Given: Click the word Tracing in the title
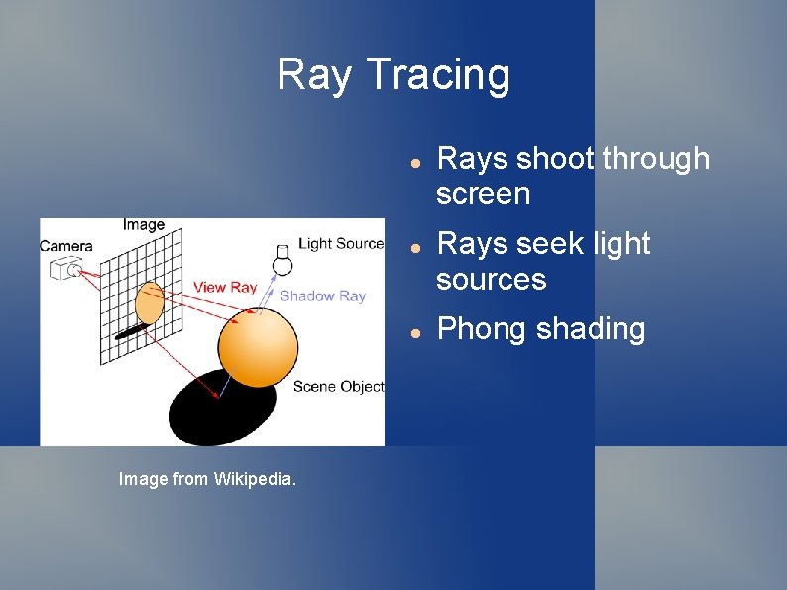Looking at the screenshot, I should (438, 75).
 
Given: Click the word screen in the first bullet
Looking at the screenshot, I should (484, 194).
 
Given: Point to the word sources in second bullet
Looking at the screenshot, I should (492, 280).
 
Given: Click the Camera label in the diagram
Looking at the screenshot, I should (66, 246).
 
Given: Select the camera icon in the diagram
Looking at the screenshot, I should (67, 268).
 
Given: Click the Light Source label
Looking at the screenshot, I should (340, 244).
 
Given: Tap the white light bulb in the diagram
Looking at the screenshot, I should (282, 259).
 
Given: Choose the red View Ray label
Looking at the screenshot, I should (225, 287).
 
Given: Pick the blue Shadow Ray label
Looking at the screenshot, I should (322, 295).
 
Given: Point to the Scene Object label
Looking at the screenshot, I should (338, 387).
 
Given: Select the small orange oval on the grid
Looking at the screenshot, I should (149, 302).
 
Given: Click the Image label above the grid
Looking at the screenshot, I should (144, 225).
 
